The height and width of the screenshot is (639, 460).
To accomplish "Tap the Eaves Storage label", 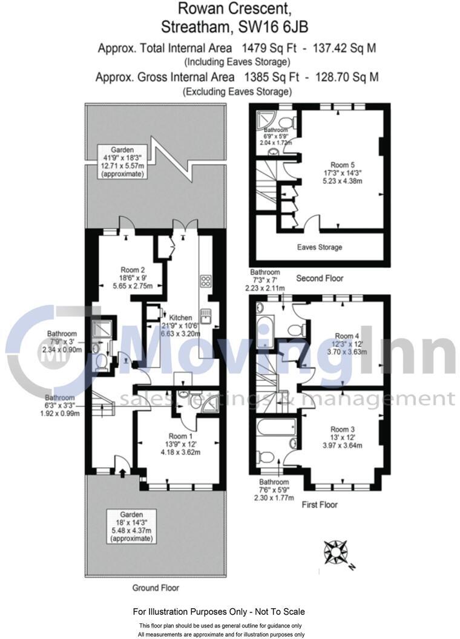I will tap(319, 247).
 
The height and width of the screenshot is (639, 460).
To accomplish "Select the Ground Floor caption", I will tap(156, 588).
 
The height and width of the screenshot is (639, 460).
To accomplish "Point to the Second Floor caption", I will tap(320, 278).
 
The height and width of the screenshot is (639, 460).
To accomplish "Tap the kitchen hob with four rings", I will tap(205, 281).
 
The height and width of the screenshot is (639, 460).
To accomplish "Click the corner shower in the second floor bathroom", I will tap(264, 119).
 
